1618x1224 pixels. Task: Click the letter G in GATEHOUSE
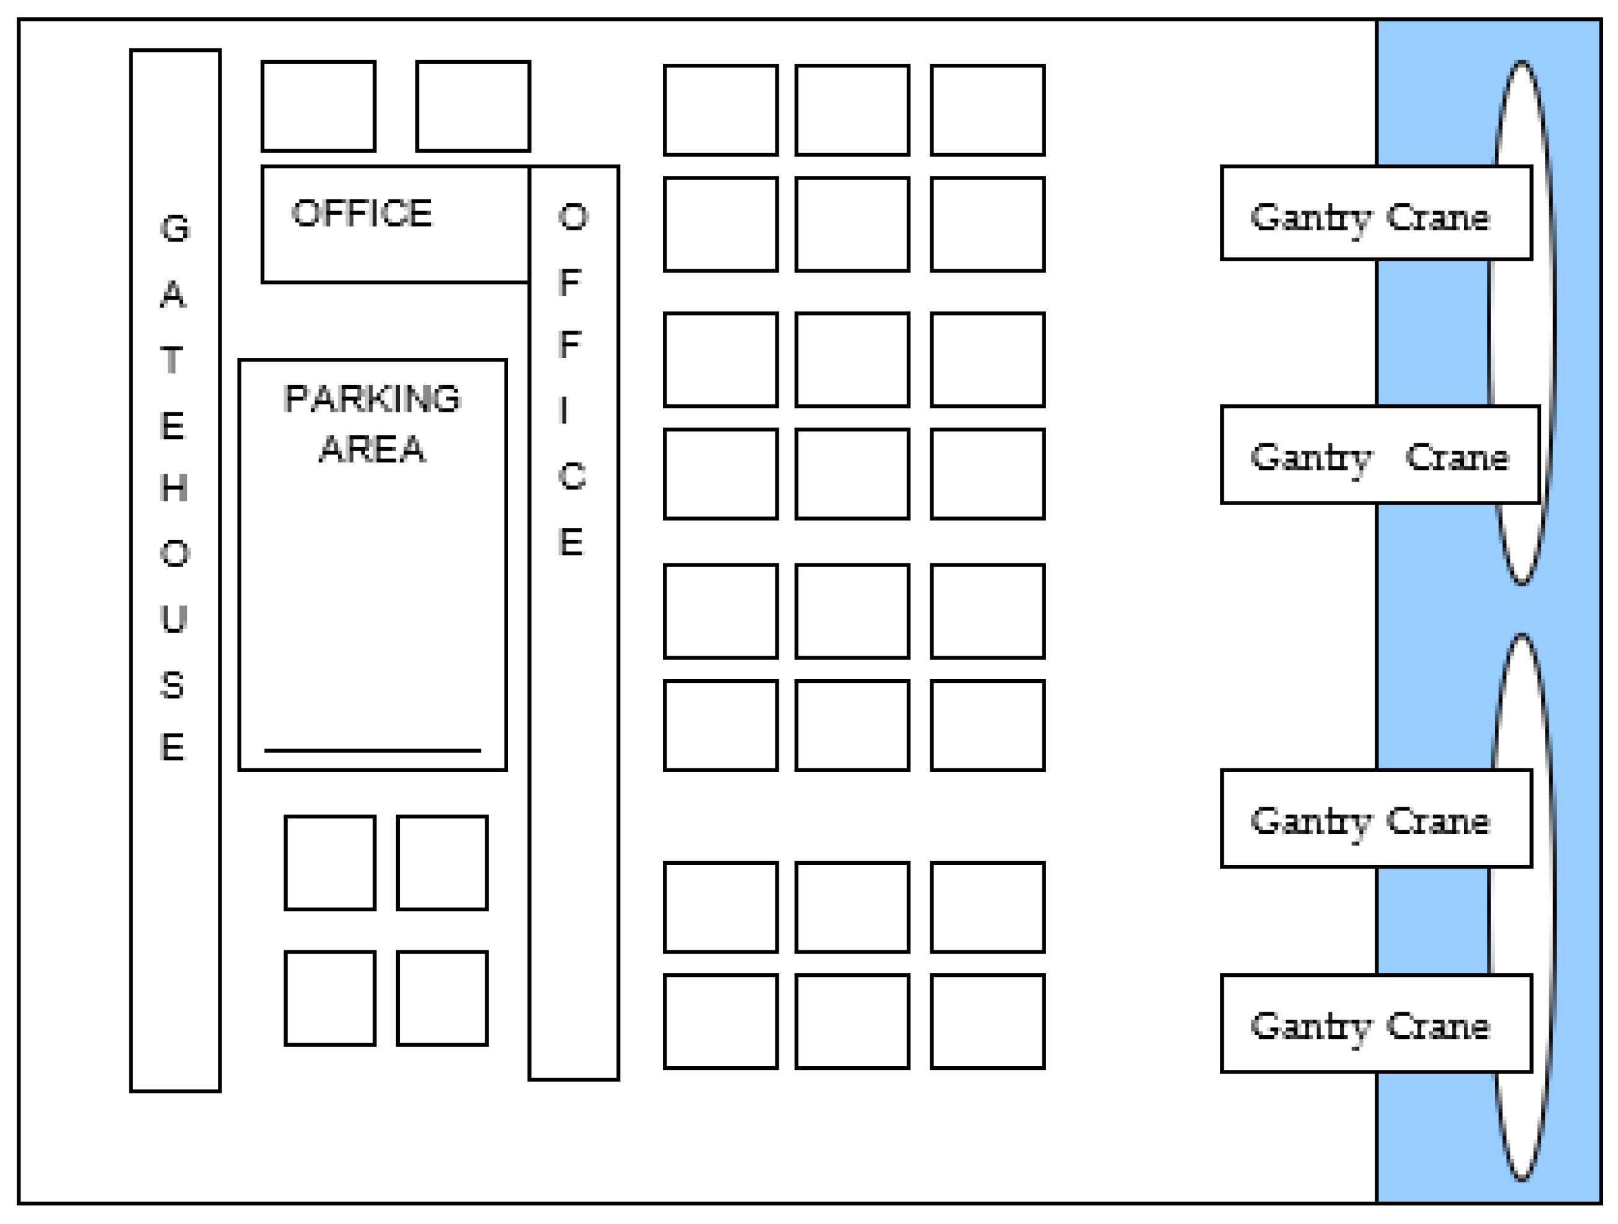tap(175, 229)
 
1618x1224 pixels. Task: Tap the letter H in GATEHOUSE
tap(174, 488)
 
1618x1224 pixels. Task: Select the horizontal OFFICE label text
tap(362, 214)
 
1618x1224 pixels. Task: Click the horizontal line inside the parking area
tap(373, 750)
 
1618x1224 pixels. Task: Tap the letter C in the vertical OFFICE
tap(572, 477)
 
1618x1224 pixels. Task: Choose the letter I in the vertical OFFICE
tap(564, 410)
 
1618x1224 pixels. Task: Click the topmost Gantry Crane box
tap(1376, 213)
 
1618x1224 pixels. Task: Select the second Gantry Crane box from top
tap(1380, 455)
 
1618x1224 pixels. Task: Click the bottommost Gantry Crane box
tap(1376, 1024)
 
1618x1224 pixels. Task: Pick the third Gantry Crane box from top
tap(1376, 818)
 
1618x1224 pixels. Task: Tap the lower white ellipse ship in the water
tap(1523, 702)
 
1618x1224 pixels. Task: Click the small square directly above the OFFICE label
tap(319, 107)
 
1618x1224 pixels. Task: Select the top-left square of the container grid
tap(720, 110)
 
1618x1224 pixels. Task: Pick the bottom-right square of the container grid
tap(987, 1022)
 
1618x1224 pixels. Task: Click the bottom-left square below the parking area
tap(330, 999)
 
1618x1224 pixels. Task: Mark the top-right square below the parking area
tap(443, 863)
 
